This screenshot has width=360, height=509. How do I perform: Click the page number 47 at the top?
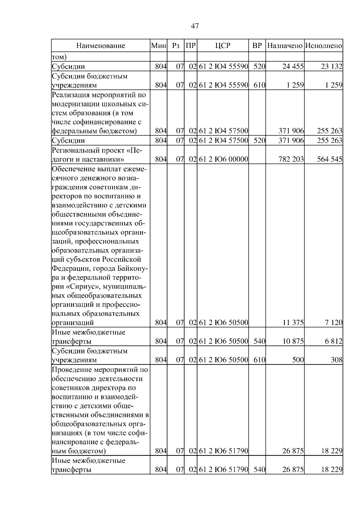point(195,26)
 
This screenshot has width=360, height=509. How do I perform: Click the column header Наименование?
point(100,46)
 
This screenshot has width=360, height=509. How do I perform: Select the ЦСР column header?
point(223,46)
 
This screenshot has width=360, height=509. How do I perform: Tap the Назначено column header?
point(285,46)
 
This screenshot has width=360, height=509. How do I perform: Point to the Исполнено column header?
point(323,46)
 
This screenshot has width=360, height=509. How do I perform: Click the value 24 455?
point(293,67)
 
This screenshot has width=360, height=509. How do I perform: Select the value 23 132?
point(331,67)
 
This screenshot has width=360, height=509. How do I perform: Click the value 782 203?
point(291,159)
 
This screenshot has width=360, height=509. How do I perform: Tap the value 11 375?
point(293,323)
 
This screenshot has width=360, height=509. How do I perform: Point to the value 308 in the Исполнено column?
point(336,360)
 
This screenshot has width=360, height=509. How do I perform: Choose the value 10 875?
point(293,341)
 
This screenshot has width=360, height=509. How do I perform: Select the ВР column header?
point(257,46)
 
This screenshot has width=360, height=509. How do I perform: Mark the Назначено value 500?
point(298,360)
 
